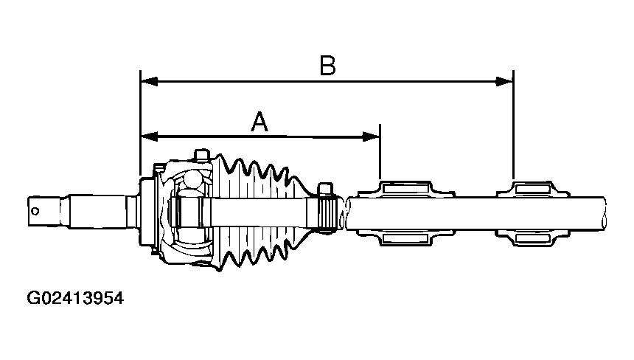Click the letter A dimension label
click(259, 121)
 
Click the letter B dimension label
click(327, 66)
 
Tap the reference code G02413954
click(74, 299)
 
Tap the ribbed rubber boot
click(258, 214)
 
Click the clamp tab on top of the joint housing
click(199, 155)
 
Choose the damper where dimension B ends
click(534, 212)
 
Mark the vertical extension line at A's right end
click(380, 151)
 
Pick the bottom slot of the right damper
click(534, 237)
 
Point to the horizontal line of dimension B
click(413, 80)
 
